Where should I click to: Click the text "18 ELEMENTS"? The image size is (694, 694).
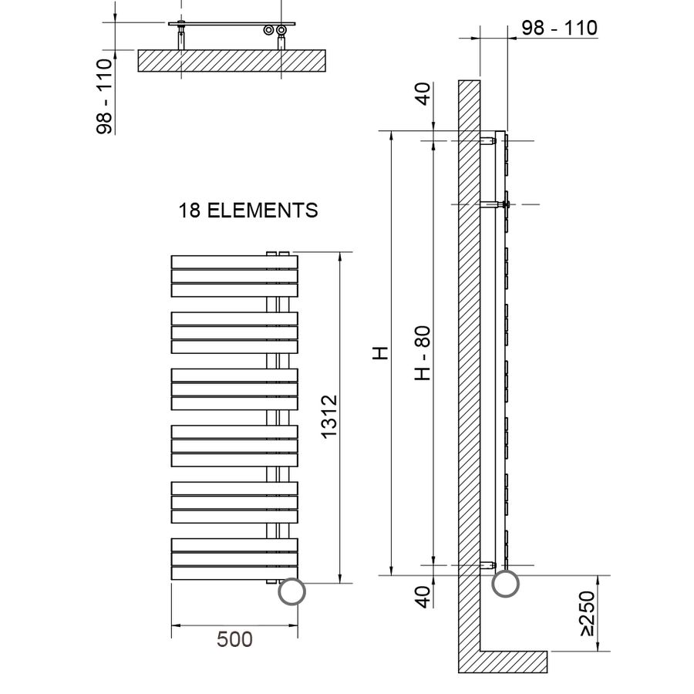(x=248, y=211)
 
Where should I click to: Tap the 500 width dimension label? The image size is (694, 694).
(x=234, y=639)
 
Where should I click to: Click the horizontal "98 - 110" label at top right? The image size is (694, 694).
(x=559, y=29)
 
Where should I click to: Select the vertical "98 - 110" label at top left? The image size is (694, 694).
(x=104, y=96)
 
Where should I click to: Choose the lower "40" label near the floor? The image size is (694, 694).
(x=422, y=598)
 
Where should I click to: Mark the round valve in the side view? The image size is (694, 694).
(x=506, y=583)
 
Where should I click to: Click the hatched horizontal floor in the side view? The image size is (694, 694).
(x=513, y=661)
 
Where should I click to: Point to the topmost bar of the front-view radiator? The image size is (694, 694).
(x=234, y=261)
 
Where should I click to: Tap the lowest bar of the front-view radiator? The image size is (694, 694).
(x=234, y=573)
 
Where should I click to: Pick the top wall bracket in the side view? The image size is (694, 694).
(x=489, y=141)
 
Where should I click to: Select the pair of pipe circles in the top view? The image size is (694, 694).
(x=275, y=31)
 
